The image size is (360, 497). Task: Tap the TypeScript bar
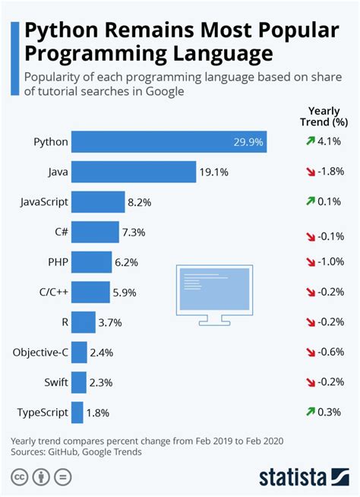[x=77, y=412]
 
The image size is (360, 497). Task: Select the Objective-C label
[x=41, y=352]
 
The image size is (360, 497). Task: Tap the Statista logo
[x=302, y=477]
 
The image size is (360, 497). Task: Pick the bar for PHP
[x=90, y=261]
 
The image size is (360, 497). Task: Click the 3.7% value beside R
[x=110, y=322]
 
